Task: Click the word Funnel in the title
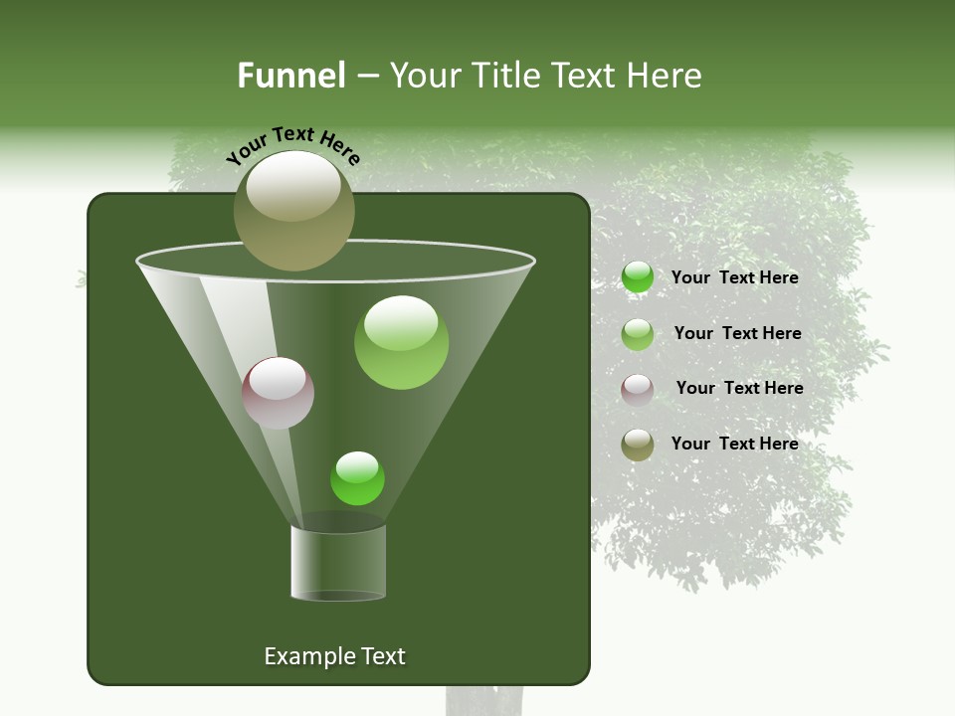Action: [x=291, y=76]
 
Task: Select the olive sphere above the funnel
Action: [x=294, y=210]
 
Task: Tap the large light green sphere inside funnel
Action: [x=401, y=342]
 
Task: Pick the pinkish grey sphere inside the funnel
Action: [x=278, y=393]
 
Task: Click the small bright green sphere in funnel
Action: [x=357, y=478]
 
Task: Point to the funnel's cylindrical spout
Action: [x=338, y=563]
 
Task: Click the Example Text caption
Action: [x=334, y=656]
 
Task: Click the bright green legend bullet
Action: [x=638, y=277]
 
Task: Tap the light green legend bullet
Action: [x=638, y=334]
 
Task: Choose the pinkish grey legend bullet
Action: [x=638, y=389]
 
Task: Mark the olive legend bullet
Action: [x=638, y=445]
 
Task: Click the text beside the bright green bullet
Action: [x=734, y=277]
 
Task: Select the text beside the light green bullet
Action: [x=737, y=333]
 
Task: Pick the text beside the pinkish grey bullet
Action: [x=739, y=388]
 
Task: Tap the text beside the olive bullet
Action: [x=734, y=444]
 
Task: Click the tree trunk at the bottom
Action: [x=484, y=700]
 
